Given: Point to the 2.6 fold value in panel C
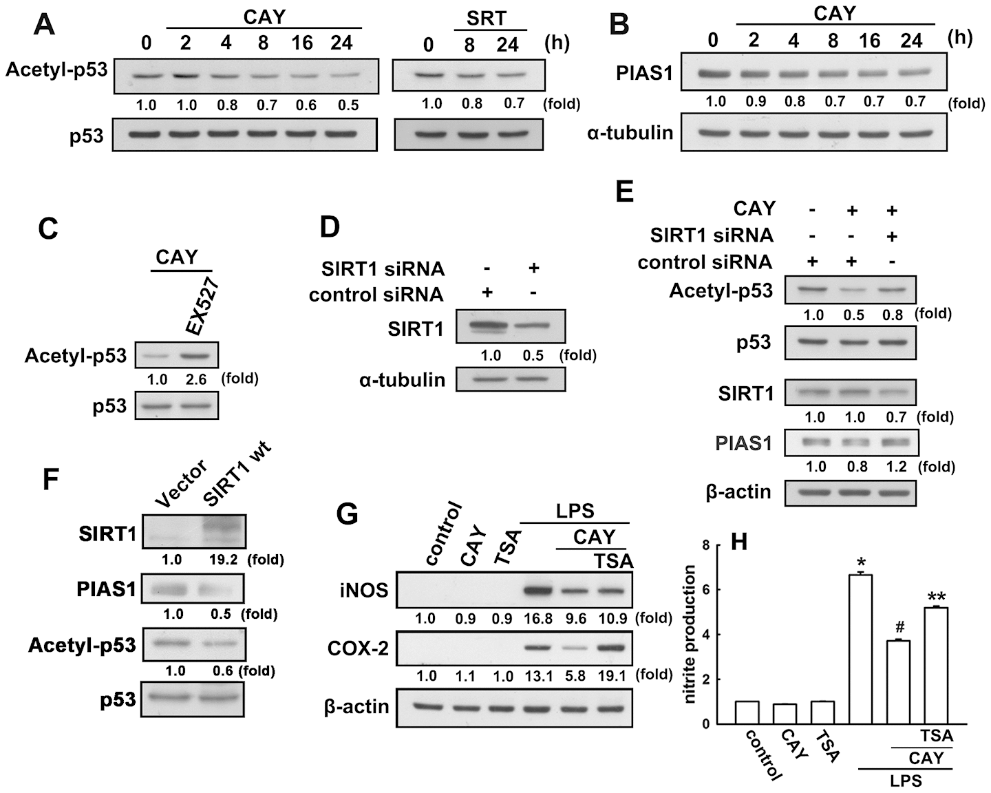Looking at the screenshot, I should (x=196, y=379).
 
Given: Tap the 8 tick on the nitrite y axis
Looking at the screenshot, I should (x=705, y=544).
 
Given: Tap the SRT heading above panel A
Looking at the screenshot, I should (x=487, y=19).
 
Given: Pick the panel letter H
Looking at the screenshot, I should (x=739, y=542).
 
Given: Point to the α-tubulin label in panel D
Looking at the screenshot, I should (x=402, y=380).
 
